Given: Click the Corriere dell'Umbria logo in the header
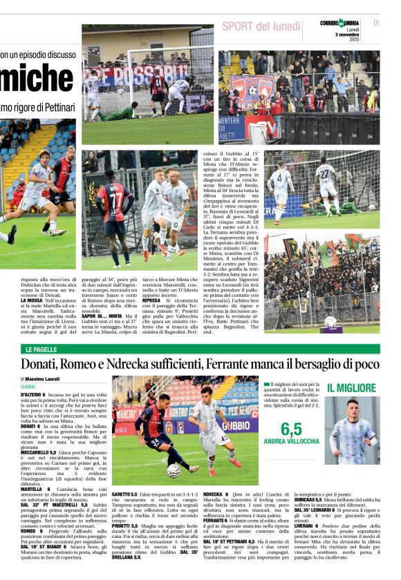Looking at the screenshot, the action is pos(339,23).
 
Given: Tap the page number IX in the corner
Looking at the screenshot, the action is pos(376,23).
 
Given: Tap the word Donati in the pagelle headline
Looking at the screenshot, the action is pos(43,365).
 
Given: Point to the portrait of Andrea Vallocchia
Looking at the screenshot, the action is pos(351,431).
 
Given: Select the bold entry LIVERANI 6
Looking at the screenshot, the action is pos(310,525).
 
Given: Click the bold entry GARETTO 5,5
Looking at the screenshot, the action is pos(125,495).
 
